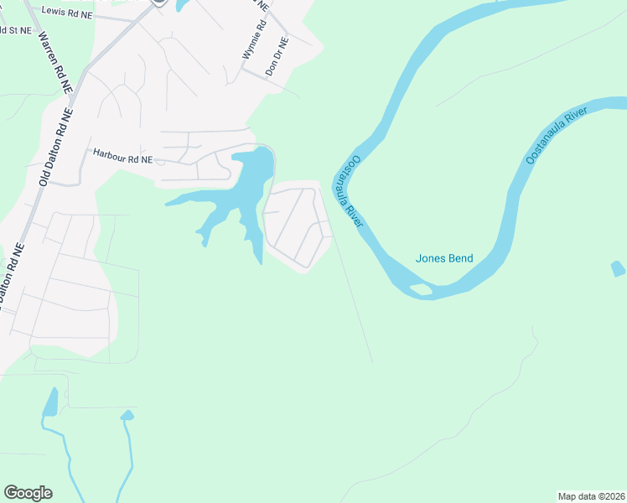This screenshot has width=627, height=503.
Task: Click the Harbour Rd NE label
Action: pyautogui.click(x=122, y=158)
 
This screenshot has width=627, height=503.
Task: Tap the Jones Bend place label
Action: pyautogui.click(x=444, y=258)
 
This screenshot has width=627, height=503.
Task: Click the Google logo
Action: pyautogui.click(x=28, y=493)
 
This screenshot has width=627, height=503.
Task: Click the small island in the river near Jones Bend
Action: pyautogui.click(x=422, y=290)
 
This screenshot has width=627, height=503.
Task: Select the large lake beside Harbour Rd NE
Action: pyautogui.click(x=248, y=184)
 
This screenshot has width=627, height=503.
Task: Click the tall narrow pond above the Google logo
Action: pyautogui.click(x=51, y=402)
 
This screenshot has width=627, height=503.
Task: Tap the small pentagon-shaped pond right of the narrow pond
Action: pyautogui.click(x=127, y=415)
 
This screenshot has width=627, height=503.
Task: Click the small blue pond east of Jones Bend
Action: pyautogui.click(x=618, y=269)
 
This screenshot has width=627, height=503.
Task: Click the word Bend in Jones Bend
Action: pyautogui.click(x=459, y=258)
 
